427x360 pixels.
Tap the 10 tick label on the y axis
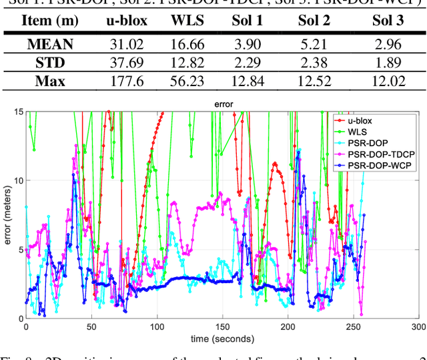(17, 180)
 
